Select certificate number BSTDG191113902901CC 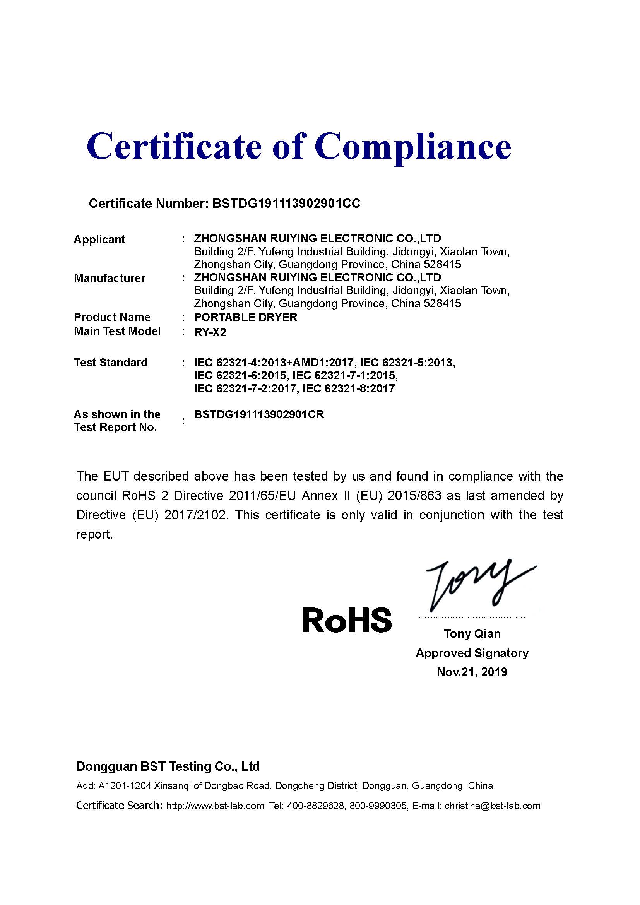coord(286,204)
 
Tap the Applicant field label coord(99,239)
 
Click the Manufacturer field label coord(110,278)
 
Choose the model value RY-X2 coord(210,332)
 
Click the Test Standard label coord(111,362)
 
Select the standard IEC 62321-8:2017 coord(348,388)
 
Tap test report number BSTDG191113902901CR coord(259,414)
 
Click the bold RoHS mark coord(347,619)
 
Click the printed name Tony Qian coord(472,633)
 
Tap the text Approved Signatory coord(472,653)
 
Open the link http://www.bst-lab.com coord(215,806)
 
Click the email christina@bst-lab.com coord(492,806)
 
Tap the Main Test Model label coord(117,331)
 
